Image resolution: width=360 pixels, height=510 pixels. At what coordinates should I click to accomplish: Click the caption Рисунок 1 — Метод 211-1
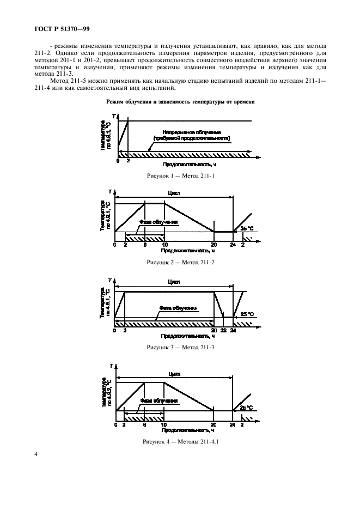[x=180, y=175]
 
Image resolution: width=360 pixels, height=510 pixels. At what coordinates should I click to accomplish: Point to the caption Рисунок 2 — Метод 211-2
[x=180, y=263]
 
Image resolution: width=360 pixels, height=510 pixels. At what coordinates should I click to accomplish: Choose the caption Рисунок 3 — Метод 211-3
[x=180, y=347]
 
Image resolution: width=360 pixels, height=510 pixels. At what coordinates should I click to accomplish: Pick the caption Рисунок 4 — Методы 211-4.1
[x=180, y=440]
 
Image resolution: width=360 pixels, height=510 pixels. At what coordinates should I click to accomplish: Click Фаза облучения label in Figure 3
[x=178, y=308]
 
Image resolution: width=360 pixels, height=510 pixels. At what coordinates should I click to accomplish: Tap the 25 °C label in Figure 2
[x=247, y=227]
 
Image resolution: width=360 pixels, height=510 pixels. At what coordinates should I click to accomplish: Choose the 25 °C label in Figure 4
[x=247, y=407]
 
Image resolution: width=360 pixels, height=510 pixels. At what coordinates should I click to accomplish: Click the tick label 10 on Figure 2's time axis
[x=164, y=245]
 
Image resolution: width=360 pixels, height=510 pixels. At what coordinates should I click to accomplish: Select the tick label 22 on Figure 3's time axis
[x=223, y=331]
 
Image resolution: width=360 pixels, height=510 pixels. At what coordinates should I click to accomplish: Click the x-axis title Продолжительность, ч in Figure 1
[x=185, y=163]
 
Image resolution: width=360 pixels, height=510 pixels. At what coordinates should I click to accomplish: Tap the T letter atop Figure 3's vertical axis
[x=109, y=280]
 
